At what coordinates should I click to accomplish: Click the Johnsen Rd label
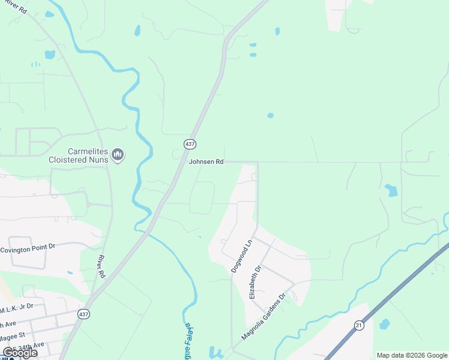206,162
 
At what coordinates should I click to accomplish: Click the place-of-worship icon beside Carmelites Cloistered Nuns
118,155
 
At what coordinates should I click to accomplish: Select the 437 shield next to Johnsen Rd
190,144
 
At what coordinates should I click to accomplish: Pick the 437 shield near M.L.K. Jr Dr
83,314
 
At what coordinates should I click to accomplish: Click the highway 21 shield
359,325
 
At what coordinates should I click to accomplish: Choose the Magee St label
12,334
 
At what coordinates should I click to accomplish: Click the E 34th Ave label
26,346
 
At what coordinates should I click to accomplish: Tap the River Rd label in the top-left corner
13,8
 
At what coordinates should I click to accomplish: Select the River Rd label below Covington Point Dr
101,266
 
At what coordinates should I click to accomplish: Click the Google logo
20,353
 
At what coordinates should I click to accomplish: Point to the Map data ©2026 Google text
411,355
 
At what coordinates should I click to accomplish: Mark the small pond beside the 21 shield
384,324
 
